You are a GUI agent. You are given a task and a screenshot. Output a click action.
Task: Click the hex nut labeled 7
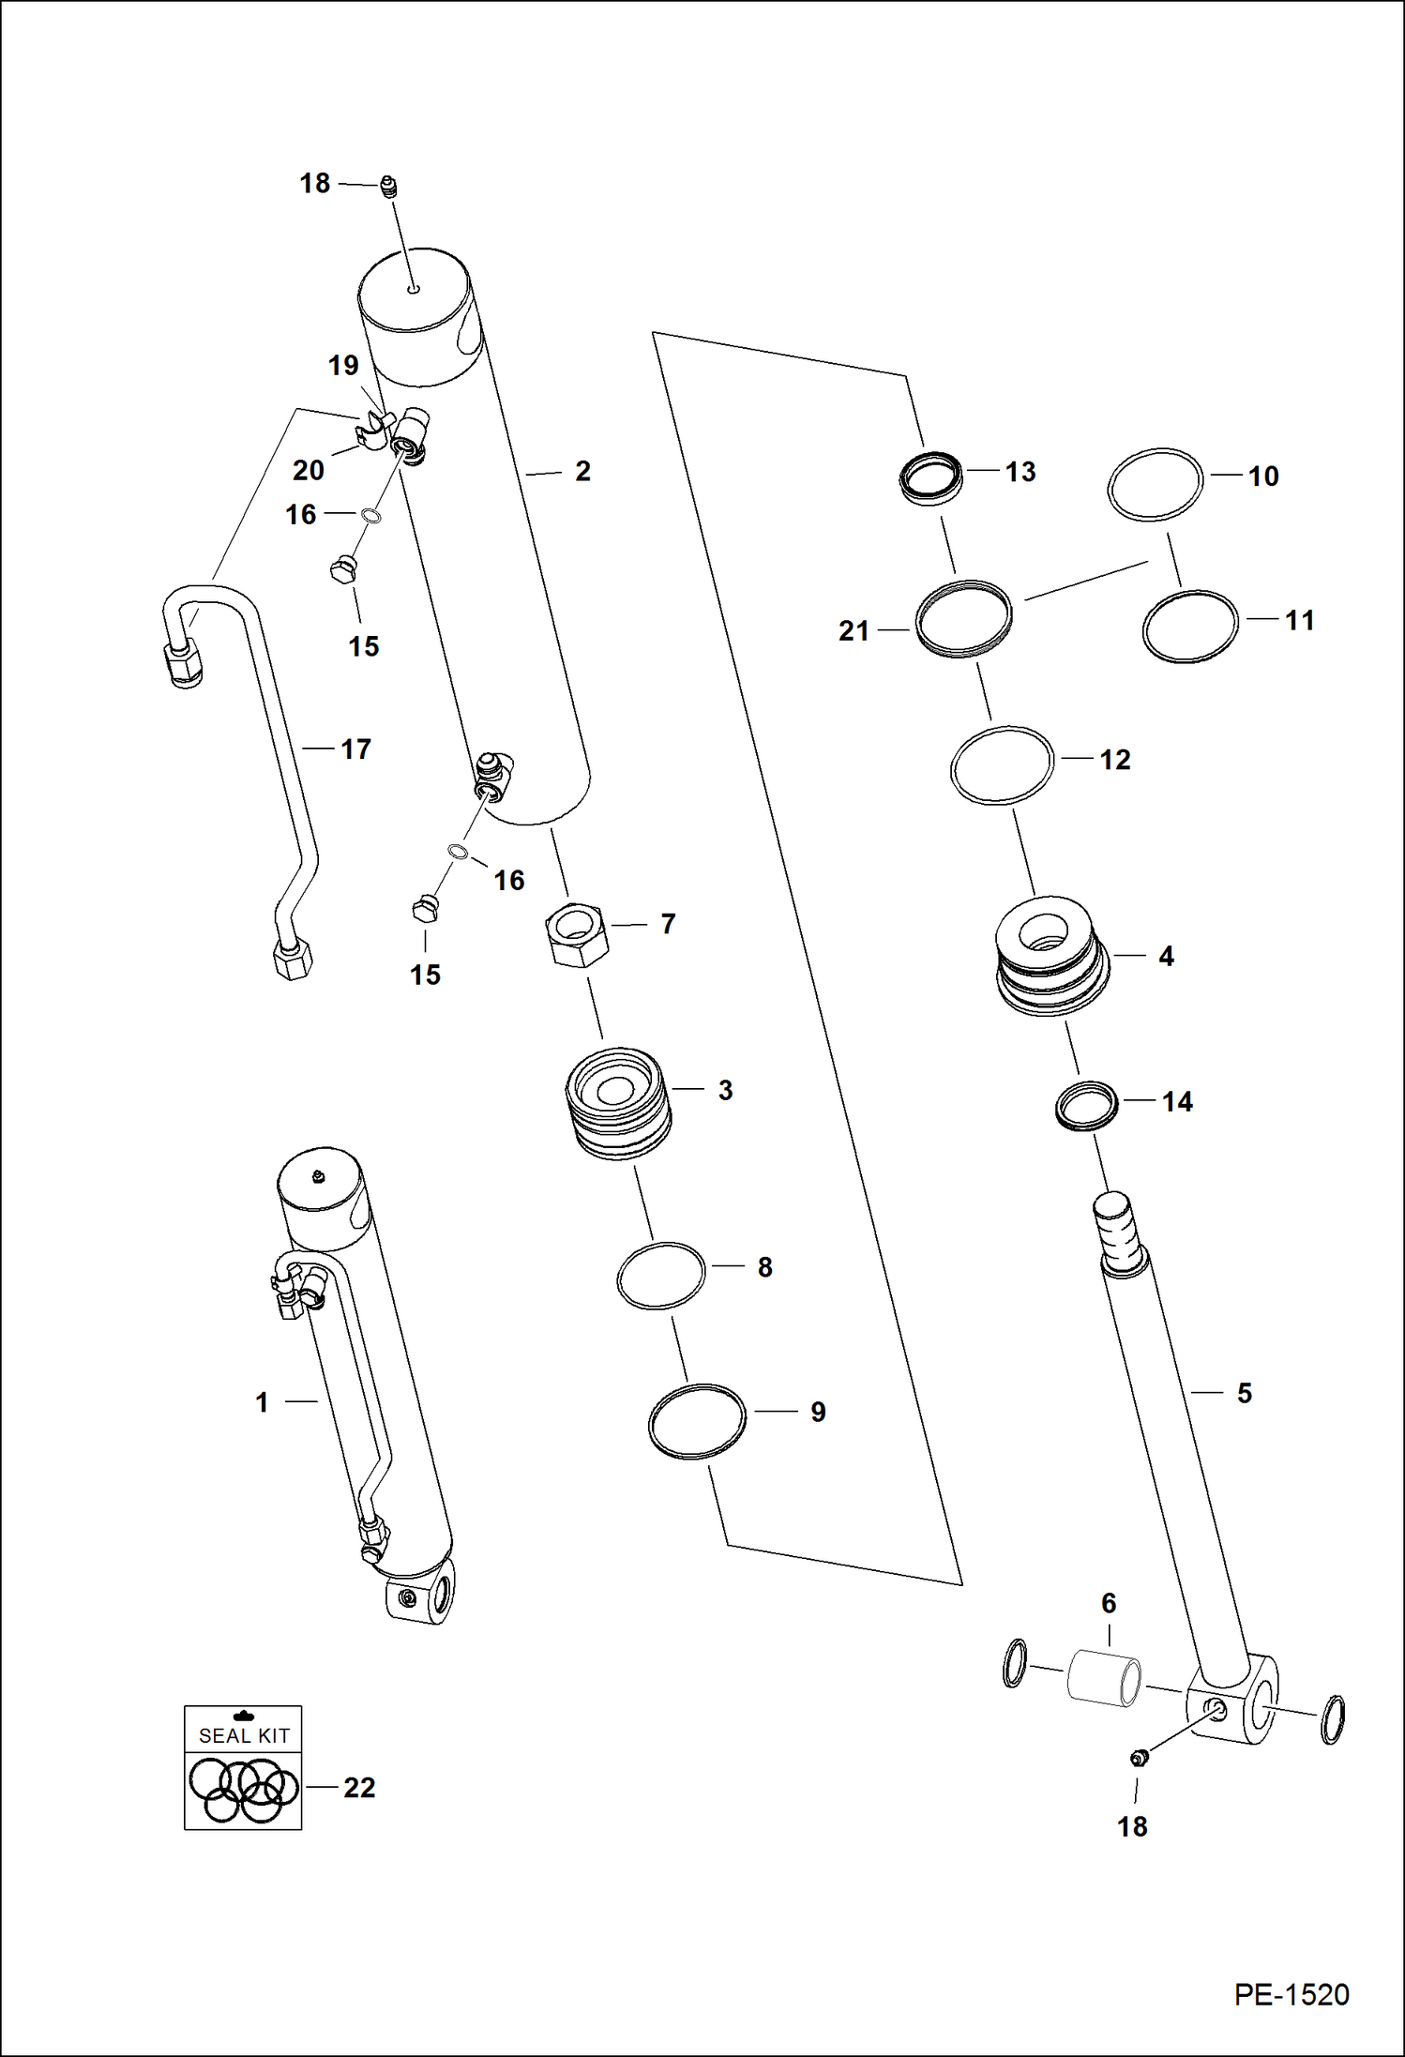(576, 934)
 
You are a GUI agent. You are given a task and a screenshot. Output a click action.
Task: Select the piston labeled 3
(618, 1103)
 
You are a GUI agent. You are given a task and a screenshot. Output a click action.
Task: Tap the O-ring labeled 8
(660, 1276)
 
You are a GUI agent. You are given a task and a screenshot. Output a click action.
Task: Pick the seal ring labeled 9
(697, 1421)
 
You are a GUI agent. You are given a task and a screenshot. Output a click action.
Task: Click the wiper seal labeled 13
(930, 477)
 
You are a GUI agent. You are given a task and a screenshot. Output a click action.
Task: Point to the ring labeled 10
(1155, 483)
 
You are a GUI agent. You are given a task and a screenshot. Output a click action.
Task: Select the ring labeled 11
(1190, 626)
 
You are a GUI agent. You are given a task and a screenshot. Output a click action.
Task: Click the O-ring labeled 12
(1002, 764)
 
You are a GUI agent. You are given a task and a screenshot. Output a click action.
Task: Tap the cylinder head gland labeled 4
(1051, 956)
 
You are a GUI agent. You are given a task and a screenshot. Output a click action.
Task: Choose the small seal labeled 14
(1087, 1106)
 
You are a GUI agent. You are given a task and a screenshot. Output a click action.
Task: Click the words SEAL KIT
(244, 1735)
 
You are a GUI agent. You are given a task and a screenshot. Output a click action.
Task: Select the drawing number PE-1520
(1291, 1994)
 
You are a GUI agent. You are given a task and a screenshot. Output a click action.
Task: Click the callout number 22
(359, 1788)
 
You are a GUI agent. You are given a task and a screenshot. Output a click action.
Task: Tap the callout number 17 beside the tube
(355, 749)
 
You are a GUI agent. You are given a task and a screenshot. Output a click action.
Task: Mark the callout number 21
(854, 631)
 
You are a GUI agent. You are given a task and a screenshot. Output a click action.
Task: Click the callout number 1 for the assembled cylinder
(263, 1402)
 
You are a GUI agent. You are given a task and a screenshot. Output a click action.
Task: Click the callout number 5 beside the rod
(1244, 1393)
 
